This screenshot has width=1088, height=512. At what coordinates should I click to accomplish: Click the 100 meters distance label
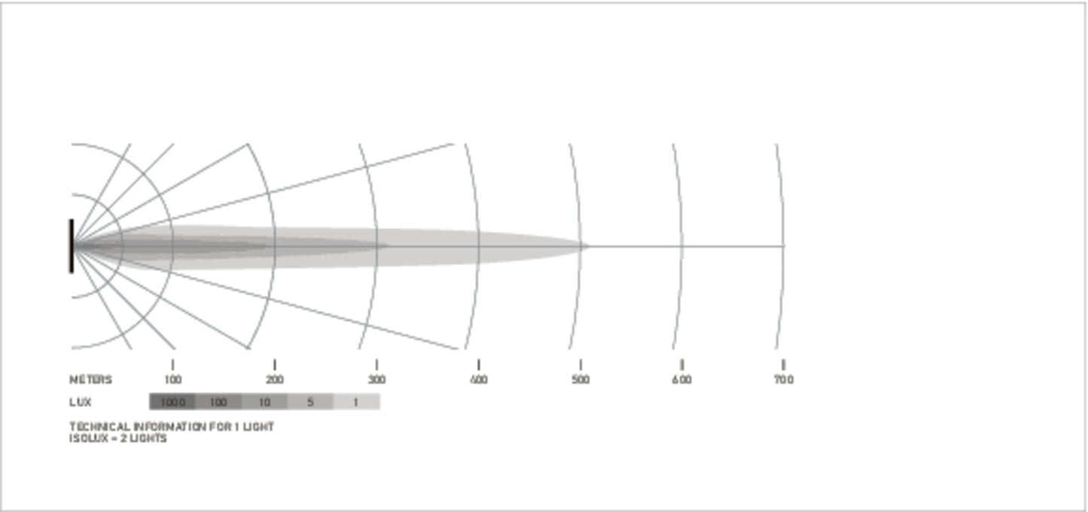173,379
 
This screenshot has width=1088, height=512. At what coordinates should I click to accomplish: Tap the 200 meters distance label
274,379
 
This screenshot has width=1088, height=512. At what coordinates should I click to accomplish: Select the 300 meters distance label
376,379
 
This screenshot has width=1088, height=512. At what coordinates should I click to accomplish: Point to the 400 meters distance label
478,379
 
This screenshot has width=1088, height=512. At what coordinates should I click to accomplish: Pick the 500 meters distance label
581,379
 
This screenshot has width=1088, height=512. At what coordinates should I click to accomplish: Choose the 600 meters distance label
682,379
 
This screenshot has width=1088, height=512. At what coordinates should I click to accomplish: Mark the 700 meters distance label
784,379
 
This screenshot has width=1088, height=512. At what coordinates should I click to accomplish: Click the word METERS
91,379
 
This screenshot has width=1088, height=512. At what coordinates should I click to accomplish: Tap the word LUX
80,402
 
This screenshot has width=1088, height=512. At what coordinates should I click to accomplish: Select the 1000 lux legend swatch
172,402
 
